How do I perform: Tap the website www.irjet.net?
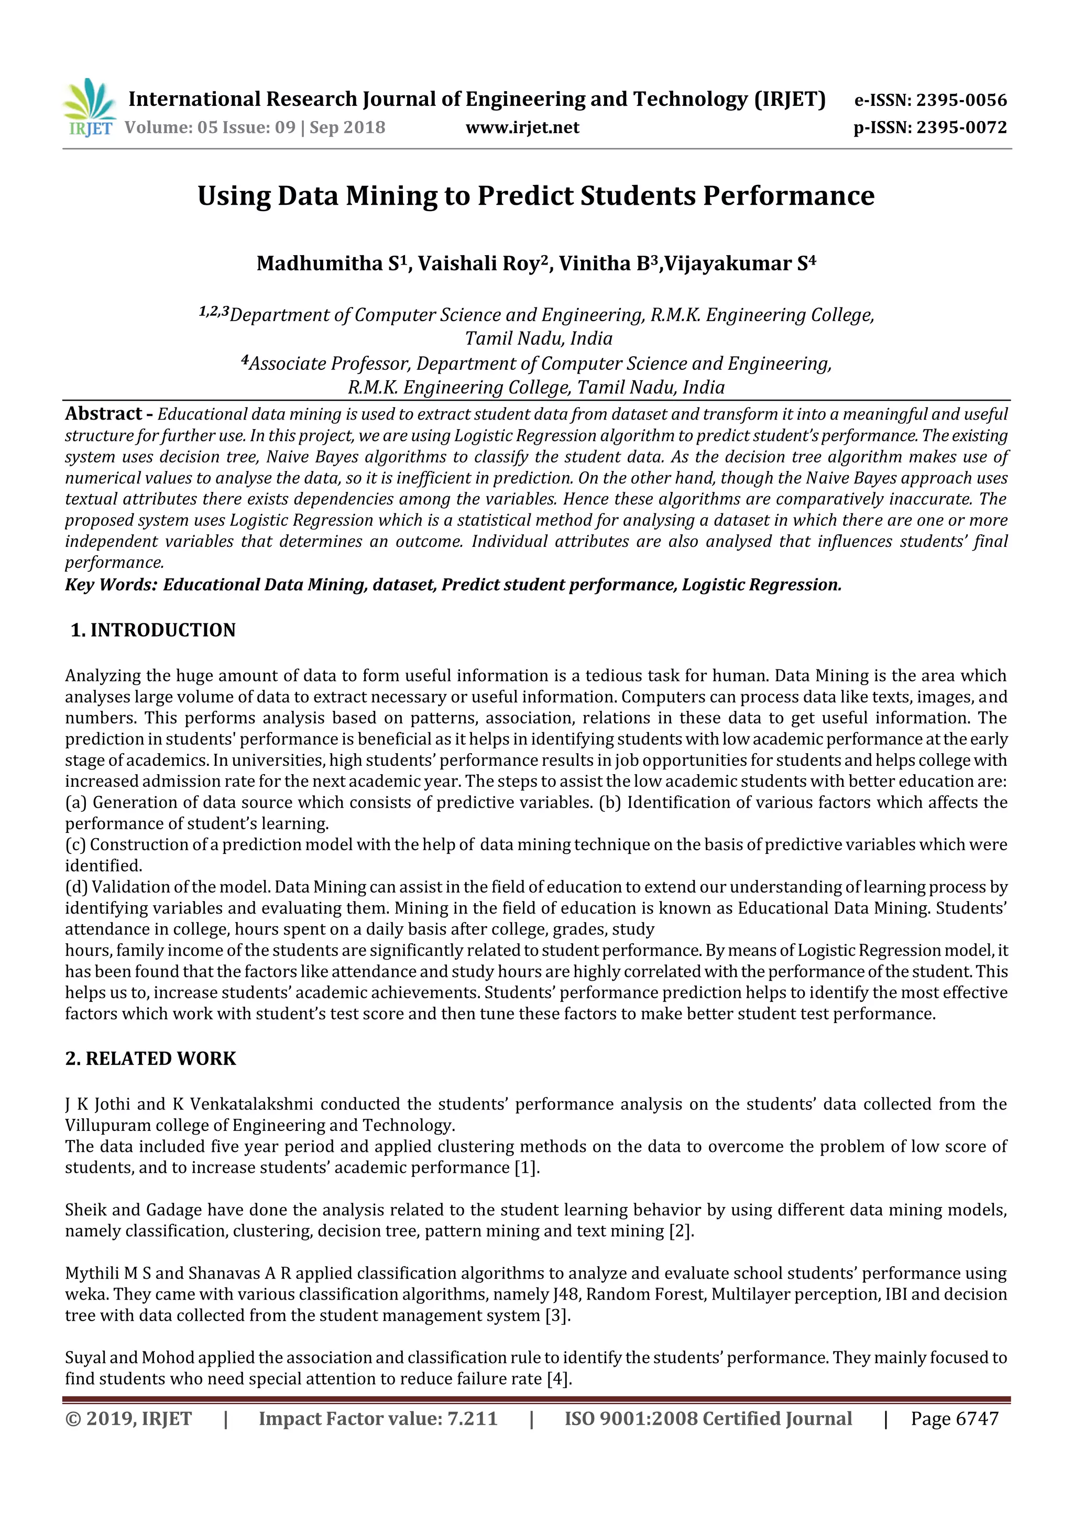[522, 127]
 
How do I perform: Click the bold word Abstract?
[103, 414]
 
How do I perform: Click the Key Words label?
[111, 585]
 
